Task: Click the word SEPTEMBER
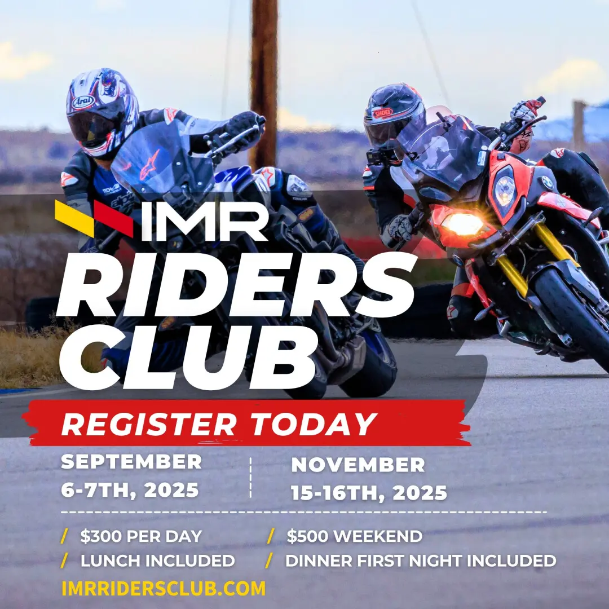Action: point(131,462)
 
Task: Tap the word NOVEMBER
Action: point(358,465)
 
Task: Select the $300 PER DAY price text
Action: point(141,536)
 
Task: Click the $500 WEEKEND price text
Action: point(354,536)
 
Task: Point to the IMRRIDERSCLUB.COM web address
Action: point(164,588)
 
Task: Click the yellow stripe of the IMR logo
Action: point(74,218)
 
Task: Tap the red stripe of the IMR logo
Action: point(113,219)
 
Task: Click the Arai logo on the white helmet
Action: point(83,101)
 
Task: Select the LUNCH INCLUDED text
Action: point(157,561)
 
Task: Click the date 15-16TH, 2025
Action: point(369,493)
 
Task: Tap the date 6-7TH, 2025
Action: point(130,490)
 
